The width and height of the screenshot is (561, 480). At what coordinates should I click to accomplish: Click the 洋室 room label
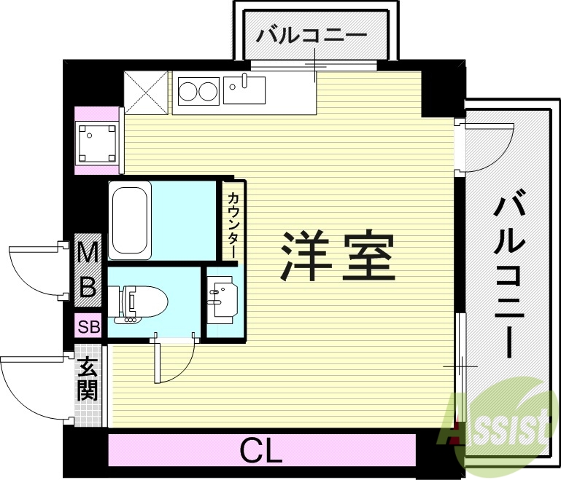click(x=338, y=256)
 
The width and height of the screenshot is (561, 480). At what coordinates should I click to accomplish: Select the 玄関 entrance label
click(x=88, y=379)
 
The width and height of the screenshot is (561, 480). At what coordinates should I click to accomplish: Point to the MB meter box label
click(x=88, y=269)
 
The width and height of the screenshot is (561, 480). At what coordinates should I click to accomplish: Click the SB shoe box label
click(x=89, y=327)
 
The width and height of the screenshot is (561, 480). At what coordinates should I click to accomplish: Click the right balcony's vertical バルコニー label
click(x=508, y=273)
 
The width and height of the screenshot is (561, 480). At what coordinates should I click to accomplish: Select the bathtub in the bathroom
click(x=130, y=220)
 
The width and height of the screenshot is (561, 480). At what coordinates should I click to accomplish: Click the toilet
click(x=143, y=302)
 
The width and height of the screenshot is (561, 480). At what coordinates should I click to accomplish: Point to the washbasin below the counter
click(x=223, y=299)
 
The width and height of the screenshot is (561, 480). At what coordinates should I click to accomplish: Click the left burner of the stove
click(x=188, y=93)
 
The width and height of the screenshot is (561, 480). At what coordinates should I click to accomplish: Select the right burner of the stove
click(x=208, y=93)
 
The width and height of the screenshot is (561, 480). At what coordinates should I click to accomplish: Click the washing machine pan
click(x=98, y=143)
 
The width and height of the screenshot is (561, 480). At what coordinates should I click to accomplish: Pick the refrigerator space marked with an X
click(x=147, y=92)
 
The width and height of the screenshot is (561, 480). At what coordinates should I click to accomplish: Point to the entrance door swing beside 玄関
click(x=33, y=386)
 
